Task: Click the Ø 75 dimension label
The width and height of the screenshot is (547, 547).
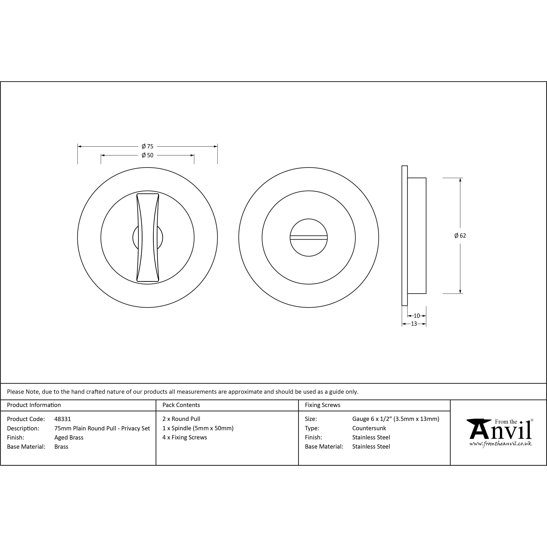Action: point(148,146)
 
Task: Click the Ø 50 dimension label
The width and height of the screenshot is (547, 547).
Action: point(148,155)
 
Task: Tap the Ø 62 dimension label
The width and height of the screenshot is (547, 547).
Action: point(460,236)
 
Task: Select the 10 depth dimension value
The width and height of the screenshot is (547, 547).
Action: point(417,316)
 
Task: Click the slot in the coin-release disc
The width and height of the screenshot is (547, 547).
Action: point(309,237)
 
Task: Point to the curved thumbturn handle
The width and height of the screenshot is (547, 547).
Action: point(148,237)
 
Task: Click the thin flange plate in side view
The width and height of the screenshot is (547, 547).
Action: point(405,236)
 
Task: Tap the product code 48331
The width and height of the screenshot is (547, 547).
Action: point(63,419)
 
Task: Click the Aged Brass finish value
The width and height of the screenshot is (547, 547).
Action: point(69,438)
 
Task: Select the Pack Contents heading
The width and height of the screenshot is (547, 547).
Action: point(181,405)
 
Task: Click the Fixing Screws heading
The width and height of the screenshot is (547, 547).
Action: point(322,405)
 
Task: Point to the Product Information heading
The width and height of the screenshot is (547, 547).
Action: point(34,405)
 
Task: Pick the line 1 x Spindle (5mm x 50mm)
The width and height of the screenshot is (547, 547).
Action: point(198,428)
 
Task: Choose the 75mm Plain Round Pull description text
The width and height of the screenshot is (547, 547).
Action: point(102,428)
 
